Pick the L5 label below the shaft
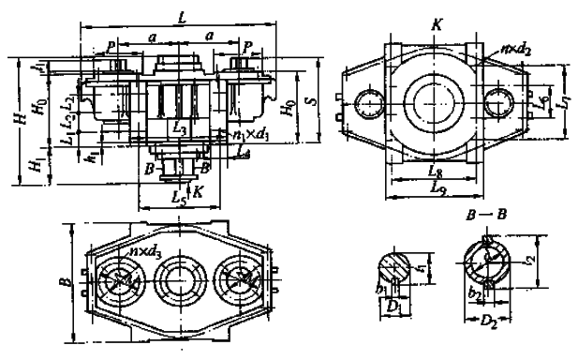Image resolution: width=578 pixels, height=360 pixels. coord(179,199)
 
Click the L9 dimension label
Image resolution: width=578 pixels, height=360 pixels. coord(433,188)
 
